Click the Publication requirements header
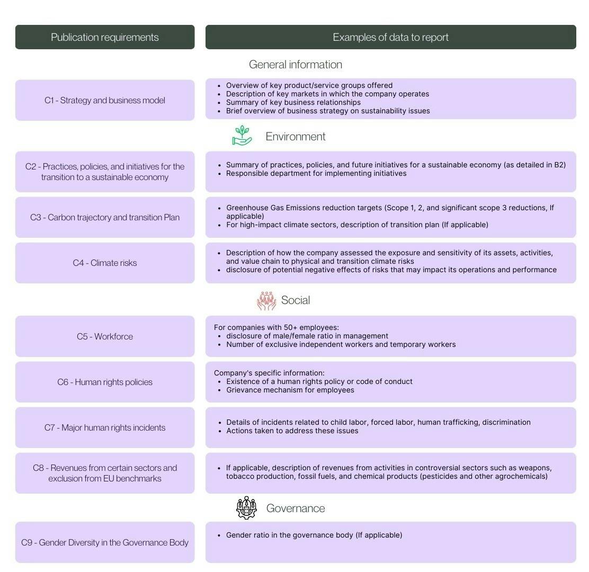point(105,37)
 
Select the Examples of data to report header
point(390,37)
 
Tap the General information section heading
point(295,65)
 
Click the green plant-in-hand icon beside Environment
point(242,136)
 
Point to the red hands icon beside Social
point(266,300)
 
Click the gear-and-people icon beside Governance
point(246,508)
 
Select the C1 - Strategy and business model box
point(105,100)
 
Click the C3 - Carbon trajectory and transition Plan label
point(105,217)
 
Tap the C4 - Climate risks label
point(105,263)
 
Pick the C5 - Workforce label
point(105,336)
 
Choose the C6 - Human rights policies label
point(105,382)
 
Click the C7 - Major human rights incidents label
point(105,427)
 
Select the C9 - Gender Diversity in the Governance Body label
point(105,542)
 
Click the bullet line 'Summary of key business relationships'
point(293,102)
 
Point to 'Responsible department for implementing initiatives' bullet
point(316,173)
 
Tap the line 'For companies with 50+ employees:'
point(276,327)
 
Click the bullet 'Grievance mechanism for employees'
point(290,390)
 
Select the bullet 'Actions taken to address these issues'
point(292,431)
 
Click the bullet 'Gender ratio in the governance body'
point(314,535)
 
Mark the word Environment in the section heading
point(296,137)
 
